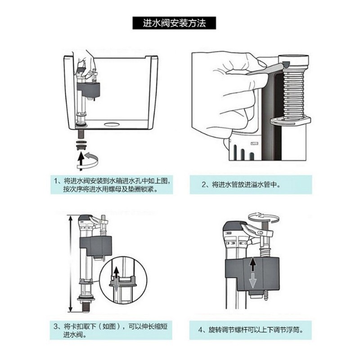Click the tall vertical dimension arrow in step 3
(x=70, y=264)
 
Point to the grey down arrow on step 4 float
(x=253, y=281)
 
